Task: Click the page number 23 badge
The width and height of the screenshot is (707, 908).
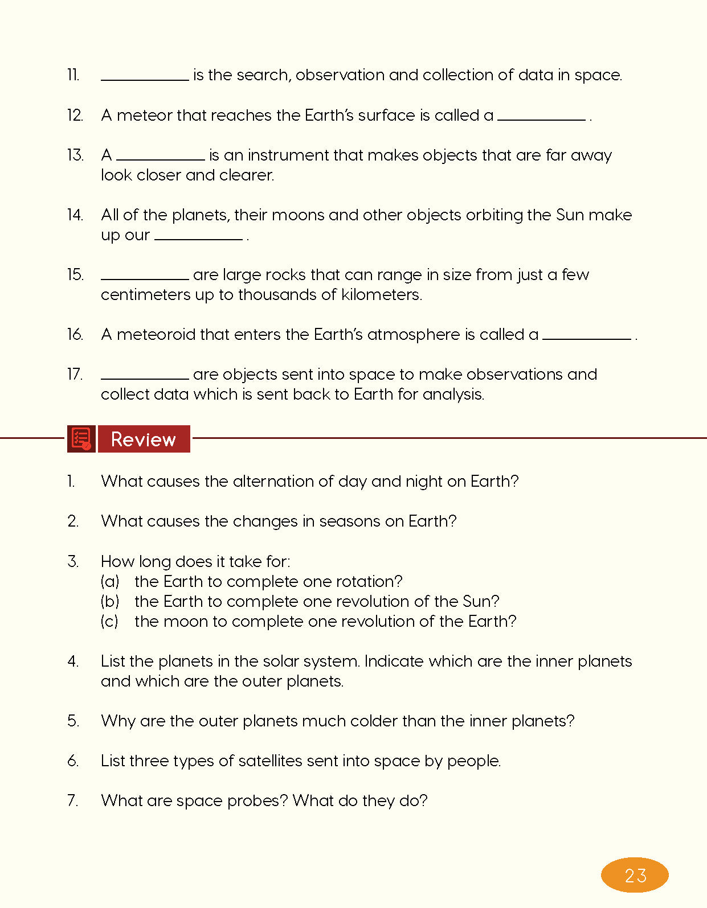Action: (635, 875)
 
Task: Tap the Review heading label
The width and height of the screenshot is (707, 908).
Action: (144, 439)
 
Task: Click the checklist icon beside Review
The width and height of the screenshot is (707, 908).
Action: (81, 439)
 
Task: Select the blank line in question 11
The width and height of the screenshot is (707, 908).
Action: (145, 79)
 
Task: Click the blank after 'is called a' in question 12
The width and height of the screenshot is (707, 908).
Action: (541, 118)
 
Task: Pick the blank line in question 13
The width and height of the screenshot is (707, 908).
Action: (160, 158)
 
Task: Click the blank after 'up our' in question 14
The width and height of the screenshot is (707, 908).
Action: (198, 238)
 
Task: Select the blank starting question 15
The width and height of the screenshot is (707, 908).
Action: (145, 278)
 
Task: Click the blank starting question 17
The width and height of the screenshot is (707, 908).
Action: (145, 377)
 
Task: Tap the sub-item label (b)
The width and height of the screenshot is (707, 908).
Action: (110, 602)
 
